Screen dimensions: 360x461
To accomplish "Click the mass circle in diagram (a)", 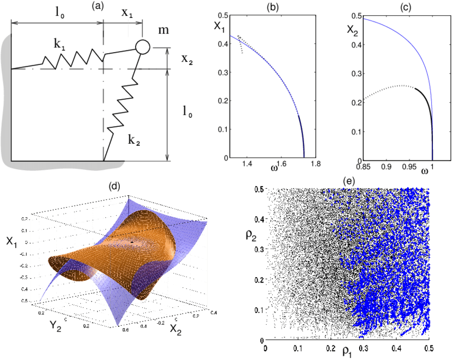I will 142,47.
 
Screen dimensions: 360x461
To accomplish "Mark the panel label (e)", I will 347,180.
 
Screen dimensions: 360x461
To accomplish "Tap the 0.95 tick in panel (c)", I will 409,164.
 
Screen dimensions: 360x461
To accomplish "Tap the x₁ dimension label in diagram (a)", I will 127,15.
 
